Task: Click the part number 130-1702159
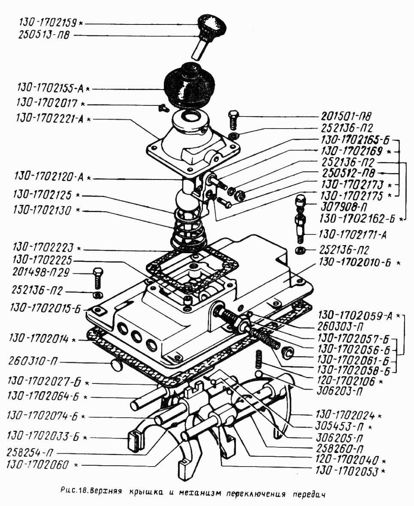pyautogui.click(x=48, y=21)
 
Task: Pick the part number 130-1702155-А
pyautogui.click(x=51, y=89)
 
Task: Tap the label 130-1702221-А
pyautogui.click(x=51, y=119)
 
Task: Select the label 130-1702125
pyautogui.click(x=43, y=195)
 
